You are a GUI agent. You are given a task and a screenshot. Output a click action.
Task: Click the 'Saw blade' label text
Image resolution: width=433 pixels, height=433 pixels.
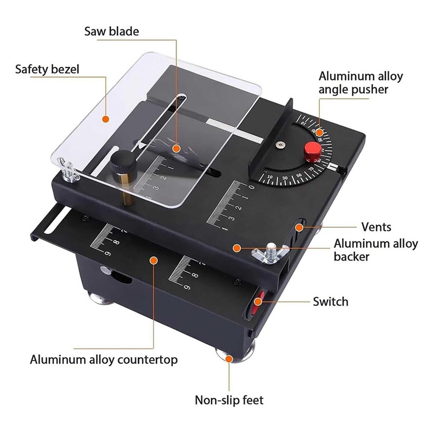[x=111, y=31]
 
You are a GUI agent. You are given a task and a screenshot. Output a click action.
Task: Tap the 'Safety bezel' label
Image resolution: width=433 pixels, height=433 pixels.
[x=47, y=69]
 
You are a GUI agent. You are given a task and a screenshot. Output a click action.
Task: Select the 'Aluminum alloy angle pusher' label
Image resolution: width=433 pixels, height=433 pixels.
[x=360, y=83]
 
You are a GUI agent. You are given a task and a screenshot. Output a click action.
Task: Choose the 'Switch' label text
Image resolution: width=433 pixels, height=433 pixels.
[x=330, y=301]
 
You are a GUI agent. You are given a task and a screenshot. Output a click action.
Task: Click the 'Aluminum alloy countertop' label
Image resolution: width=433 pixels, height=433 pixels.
[x=103, y=359]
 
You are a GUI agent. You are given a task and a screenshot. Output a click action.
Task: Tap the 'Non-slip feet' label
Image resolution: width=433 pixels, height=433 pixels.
[x=229, y=401]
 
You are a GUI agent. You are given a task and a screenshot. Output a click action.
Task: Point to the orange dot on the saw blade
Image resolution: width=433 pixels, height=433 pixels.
[x=176, y=147]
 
